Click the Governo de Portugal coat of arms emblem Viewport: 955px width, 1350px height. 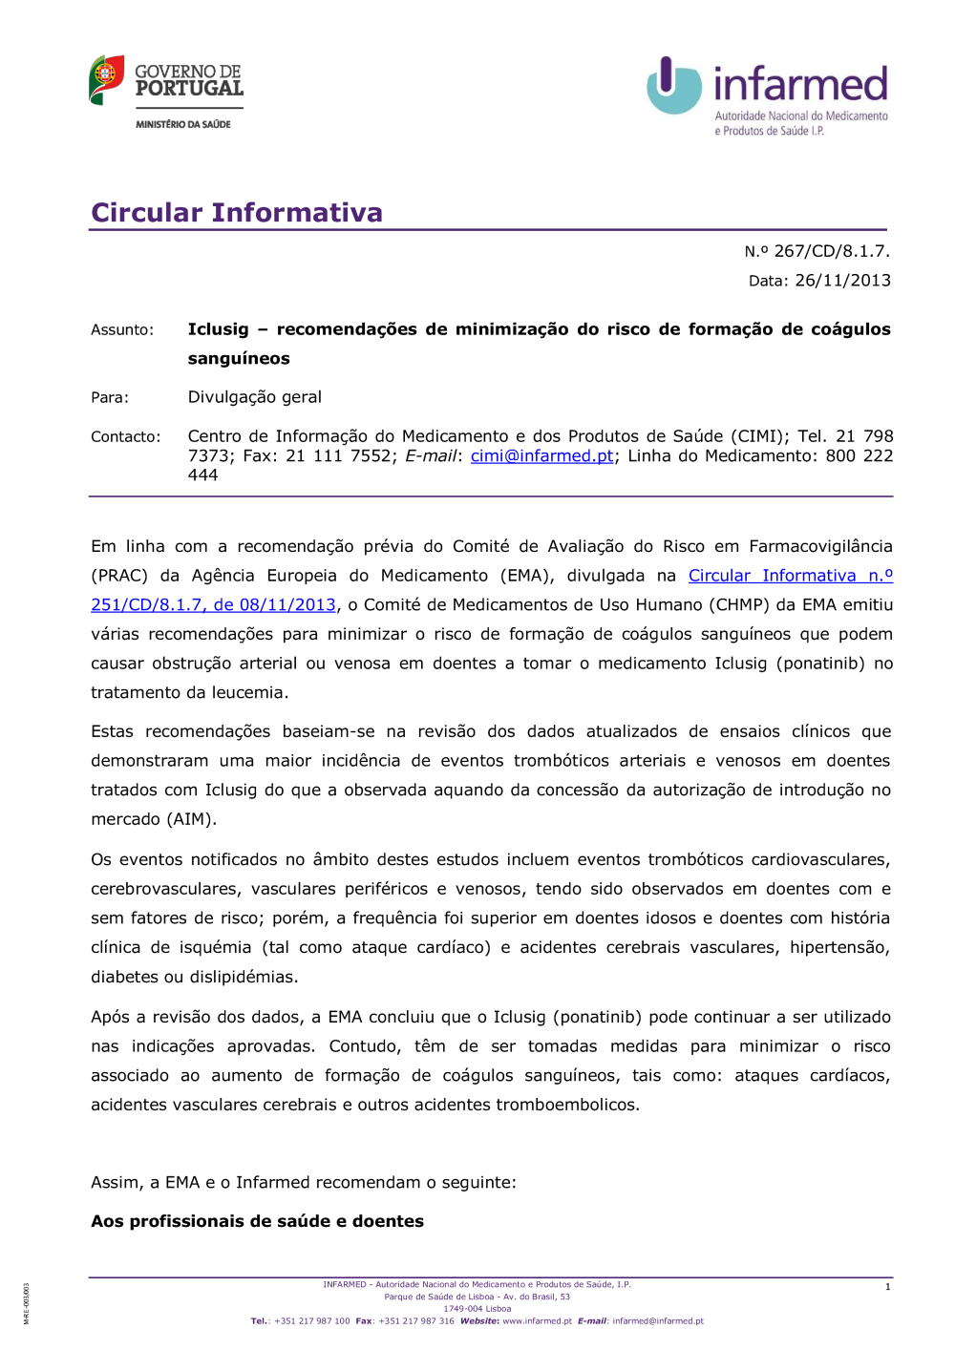107,78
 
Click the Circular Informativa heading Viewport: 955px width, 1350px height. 237,212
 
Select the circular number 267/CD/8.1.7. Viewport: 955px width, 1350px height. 831,251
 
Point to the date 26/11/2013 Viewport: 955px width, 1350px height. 842,281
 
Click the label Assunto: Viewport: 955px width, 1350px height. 122,330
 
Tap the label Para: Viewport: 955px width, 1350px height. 110,398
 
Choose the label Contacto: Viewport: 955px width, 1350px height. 126,437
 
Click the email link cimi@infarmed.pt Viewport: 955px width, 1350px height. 541,456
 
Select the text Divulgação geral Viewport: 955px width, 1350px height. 254,397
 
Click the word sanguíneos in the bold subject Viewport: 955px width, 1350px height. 239,359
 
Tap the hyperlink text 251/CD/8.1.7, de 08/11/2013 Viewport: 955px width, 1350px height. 213,605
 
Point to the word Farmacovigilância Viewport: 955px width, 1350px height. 820,547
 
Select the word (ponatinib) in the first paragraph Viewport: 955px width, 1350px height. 820,664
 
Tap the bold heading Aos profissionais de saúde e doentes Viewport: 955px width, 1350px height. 257,1221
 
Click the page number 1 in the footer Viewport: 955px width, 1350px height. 887,1287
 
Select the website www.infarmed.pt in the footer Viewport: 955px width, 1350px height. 537,1321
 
